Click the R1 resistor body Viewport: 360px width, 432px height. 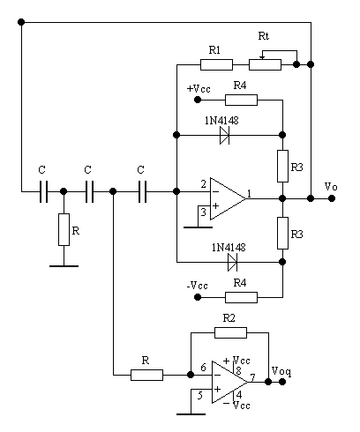216,64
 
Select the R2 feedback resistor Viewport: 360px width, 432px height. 230,332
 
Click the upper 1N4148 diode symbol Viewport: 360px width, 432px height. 225,135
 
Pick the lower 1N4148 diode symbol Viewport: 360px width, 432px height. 232,262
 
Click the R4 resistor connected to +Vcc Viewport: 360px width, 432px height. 241,100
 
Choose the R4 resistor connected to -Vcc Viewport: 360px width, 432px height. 241,297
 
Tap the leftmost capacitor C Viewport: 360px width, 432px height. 43,191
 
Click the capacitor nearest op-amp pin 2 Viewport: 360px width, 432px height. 142,191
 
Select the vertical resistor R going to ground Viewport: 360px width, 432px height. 64,229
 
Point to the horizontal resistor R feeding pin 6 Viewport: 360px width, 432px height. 146,375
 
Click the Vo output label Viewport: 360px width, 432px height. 331,187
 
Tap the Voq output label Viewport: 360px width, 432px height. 281,371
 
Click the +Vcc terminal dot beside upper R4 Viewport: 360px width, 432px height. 198,100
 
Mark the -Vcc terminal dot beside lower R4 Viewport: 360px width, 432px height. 198,297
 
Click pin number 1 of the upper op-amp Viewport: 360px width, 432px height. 250,193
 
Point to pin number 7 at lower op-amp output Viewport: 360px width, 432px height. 252,377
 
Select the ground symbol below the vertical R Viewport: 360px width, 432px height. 64,266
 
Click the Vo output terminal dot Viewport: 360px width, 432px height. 332,198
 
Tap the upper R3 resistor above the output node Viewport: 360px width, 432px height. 282,166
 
